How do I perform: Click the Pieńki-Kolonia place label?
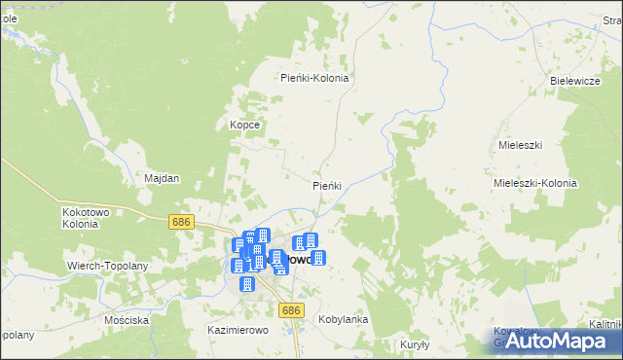pos(314,78)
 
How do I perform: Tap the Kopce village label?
pos(243,125)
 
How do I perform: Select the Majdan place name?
pos(163,179)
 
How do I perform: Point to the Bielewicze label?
pos(574,81)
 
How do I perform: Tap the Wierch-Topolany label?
pos(106,265)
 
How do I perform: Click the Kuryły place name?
pos(415,344)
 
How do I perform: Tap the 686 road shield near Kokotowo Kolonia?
pos(180,222)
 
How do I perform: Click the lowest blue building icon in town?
pos(247,284)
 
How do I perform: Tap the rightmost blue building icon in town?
pos(318,258)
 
